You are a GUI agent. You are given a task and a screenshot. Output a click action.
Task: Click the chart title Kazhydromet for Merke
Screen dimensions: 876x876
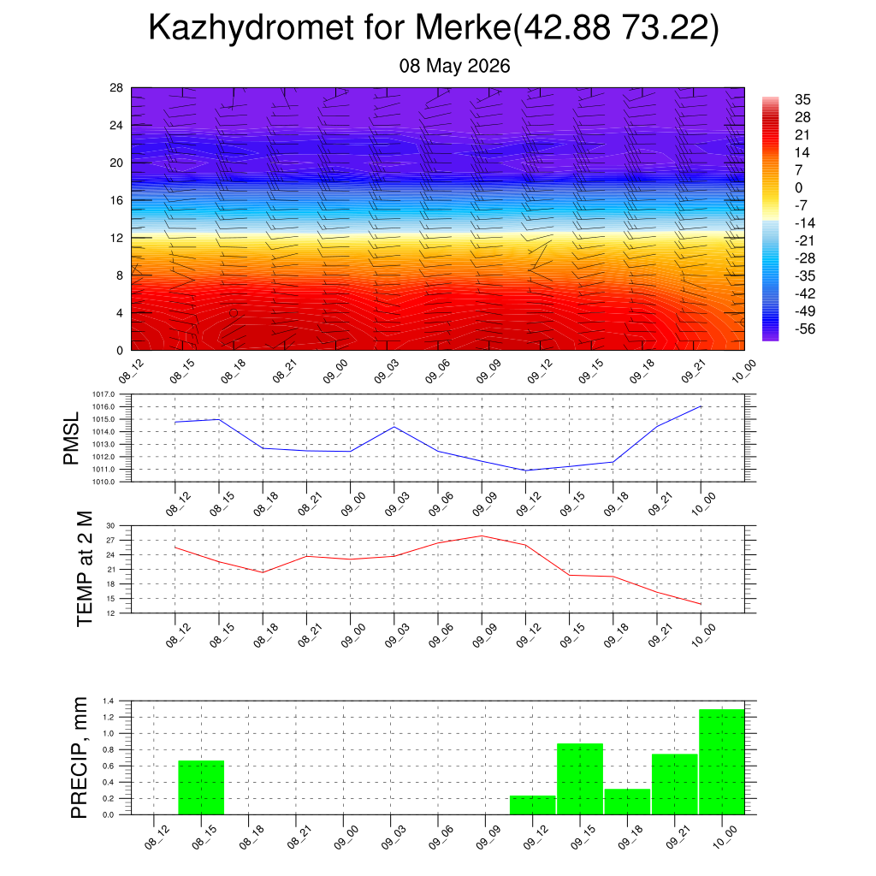click(329, 27)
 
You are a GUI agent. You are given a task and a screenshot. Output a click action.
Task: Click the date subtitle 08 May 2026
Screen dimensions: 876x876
click(454, 66)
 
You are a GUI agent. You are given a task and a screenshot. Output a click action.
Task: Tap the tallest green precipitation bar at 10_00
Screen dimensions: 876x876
click(722, 761)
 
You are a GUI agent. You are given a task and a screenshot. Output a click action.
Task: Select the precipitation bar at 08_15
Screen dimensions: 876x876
click(201, 787)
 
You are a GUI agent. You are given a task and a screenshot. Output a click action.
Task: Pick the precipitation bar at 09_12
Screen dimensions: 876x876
click(532, 805)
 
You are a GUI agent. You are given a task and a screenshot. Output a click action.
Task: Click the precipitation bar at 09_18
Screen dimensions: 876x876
click(627, 802)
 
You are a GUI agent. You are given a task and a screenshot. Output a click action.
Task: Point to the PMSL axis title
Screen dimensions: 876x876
click(71, 439)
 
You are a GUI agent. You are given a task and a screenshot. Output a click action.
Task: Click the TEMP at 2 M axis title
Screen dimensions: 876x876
click(85, 569)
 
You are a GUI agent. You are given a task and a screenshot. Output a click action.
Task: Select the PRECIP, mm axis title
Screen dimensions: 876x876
click(80, 758)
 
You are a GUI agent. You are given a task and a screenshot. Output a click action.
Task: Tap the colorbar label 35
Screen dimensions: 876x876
click(802, 99)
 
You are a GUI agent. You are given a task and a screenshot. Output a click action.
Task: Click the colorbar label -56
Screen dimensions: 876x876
click(804, 328)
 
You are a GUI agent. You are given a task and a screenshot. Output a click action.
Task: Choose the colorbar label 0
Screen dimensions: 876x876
click(798, 187)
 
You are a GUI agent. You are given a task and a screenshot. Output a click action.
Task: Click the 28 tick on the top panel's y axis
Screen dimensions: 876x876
click(116, 88)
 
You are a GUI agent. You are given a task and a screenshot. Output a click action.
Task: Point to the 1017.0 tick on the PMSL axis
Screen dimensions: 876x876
click(104, 394)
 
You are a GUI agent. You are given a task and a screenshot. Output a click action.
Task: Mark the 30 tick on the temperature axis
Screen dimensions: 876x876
click(110, 526)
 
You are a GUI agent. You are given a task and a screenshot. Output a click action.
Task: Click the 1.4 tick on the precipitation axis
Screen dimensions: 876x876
click(109, 701)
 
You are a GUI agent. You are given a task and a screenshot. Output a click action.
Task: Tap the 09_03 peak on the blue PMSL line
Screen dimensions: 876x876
click(394, 427)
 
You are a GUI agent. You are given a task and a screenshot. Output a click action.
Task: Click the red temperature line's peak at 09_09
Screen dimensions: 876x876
click(482, 536)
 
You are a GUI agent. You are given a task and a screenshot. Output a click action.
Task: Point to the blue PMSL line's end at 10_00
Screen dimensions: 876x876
click(701, 406)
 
